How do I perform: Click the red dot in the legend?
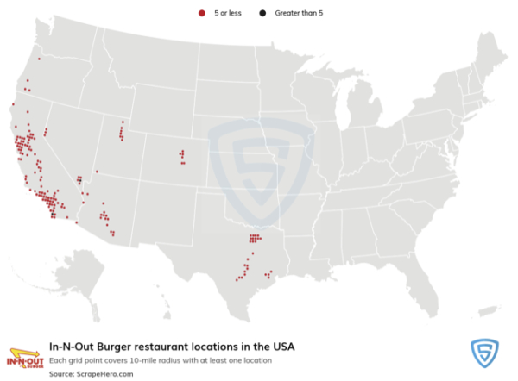click(202, 13)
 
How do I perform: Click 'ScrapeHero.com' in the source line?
click(100, 374)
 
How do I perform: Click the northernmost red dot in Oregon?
click(39, 59)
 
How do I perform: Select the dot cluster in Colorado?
click(182, 157)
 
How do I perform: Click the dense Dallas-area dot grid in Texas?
click(254, 238)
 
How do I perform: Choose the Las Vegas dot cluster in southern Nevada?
click(80, 180)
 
